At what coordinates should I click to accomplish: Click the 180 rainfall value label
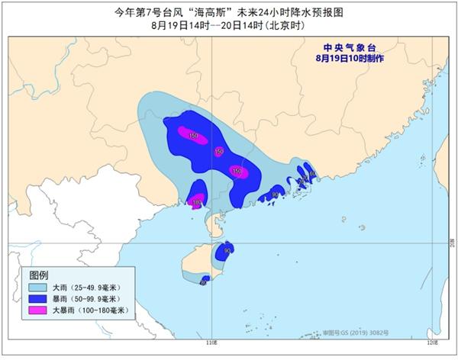197,203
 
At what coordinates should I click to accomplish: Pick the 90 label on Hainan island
227,249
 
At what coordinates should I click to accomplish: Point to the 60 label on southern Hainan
204,282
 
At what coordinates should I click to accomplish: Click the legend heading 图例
39,275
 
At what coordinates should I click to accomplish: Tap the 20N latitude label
452,243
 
